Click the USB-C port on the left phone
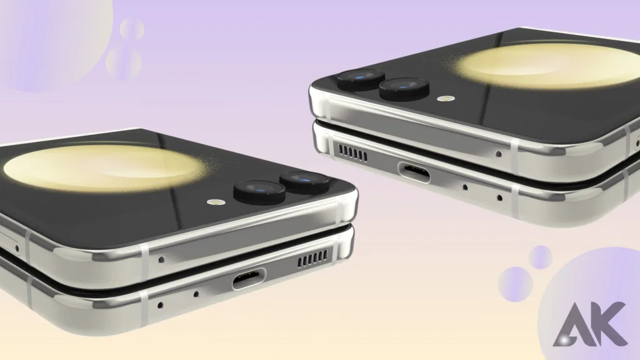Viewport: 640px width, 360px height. (249, 279)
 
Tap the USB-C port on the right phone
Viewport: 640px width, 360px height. (414, 172)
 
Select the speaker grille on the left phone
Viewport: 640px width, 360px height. (312, 259)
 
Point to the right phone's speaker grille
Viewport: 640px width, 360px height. (352, 152)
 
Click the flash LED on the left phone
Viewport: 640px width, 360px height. (214, 202)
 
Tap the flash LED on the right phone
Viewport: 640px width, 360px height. (446, 98)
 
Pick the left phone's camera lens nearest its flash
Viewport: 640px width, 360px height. (259, 192)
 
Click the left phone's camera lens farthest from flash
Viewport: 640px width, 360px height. (304, 182)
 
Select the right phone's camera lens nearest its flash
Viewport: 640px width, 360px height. (404, 89)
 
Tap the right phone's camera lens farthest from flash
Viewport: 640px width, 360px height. (361, 79)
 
